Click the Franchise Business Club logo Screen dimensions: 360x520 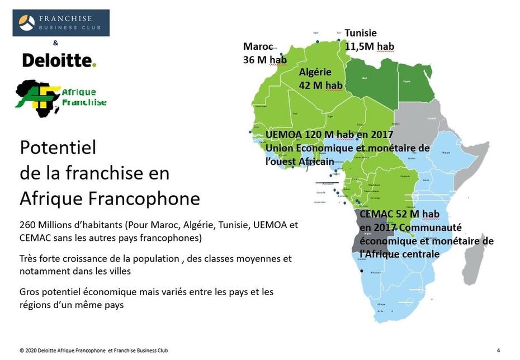pyautogui.click(x=61, y=23)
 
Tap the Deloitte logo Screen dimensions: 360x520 pyautogui.click(x=59, y=60)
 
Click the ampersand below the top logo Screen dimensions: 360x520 pyautogui.click(x=55, y=43)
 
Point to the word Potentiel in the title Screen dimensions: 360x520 pyautogui.click(x=58, y=148)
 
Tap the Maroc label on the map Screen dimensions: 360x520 pyautogui.click(x=258, y=46)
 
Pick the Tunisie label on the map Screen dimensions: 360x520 pyautogui.click(x=361, y=33)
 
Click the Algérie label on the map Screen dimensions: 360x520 pyautogui.click(x=315, y=72)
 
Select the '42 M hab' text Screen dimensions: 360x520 pyautogui.click(x=320, y=85)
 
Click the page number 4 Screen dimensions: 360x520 pyautogui.click(x=498, y=350)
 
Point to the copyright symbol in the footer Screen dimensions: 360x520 pyautogui.click(x=21, y=351)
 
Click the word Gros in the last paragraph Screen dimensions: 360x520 pyautogui.click(x=29, y=292)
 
